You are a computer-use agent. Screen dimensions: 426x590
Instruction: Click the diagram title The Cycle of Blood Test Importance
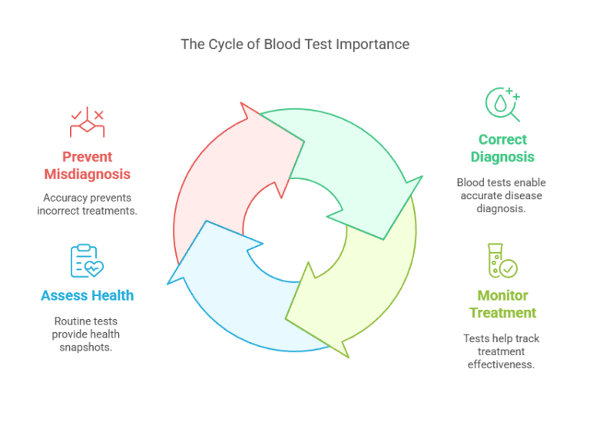(295, 44)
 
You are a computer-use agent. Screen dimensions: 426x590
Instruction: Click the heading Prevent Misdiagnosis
(87, 165)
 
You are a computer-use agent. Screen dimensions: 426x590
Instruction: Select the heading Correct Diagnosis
(502, 148)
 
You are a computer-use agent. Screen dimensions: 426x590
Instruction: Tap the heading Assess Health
(87, 295)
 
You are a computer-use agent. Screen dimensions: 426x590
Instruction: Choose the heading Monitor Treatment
(502, 304)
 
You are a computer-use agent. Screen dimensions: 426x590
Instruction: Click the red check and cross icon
(87, 122)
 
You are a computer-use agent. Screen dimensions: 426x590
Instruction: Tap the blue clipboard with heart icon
(87, 261)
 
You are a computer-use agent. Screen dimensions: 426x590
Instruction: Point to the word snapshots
(87, 347)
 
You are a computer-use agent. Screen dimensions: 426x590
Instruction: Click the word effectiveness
(502, 364)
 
